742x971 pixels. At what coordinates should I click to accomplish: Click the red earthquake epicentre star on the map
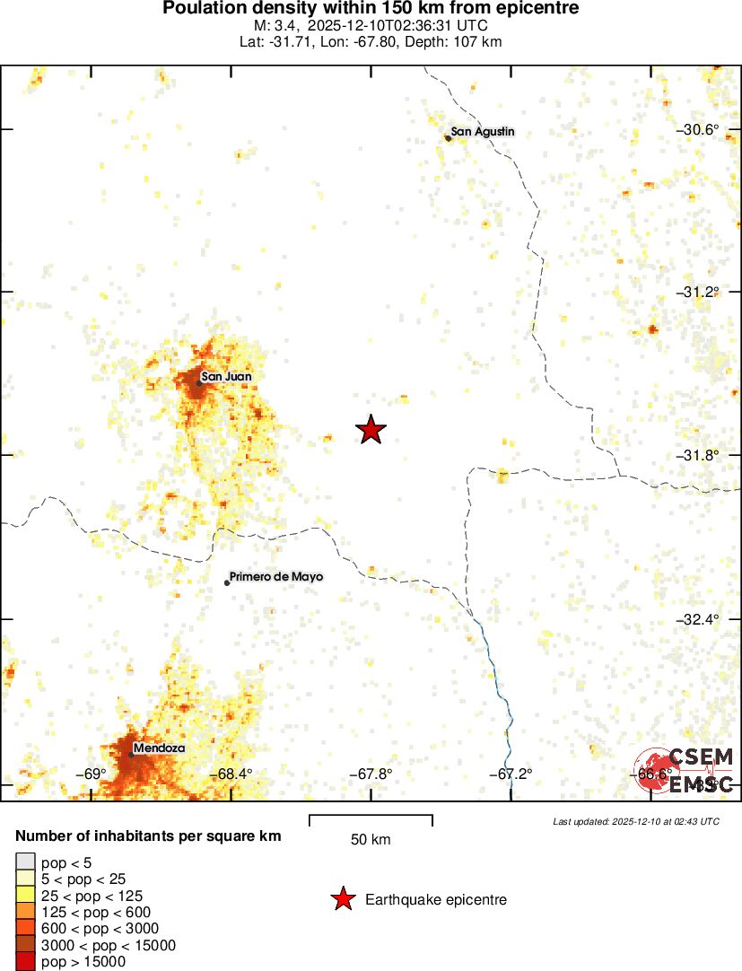pyautogui.click(x=371, y=430)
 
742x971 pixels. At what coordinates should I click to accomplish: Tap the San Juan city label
pyautogui.click(x=226, y=377)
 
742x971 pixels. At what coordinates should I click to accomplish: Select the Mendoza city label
pyautogui.click(x=159, y=748)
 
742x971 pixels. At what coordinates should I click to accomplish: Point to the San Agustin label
pyautogui.click(x=483, y=132)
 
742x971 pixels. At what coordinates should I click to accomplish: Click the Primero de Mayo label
pyautogui.click(x=275, y=577)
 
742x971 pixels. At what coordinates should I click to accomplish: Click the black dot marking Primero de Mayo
pyautogui.click(x=227, y=582)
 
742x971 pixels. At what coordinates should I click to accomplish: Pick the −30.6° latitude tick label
pyautogui.click(x=697, y=130)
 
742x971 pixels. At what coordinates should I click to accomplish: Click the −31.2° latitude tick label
pyautogui.click(x=697, y=293)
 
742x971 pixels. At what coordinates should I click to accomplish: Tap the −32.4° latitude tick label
pyautogui.click(x=697, y=620)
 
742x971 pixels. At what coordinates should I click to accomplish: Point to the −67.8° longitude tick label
pyautogui.click(x=371, y=774)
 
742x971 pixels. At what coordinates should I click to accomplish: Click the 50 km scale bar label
pyautogui.click(x=371, y=840)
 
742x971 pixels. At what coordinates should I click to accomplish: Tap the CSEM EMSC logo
pyautogui.click(x=685, y=770)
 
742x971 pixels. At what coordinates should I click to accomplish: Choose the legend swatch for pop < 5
pyautogui.click(x=26, y=863)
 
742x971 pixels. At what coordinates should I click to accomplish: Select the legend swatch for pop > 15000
pyautogui.click(x=26, y=962)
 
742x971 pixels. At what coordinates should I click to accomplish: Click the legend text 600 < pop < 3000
pyautogui.click(x=100, y=928)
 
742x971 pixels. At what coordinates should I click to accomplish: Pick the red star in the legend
pyautogui.click(x=342, y=899)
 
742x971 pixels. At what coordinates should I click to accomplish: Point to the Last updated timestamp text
pyautogui.click(x=635, y=821)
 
